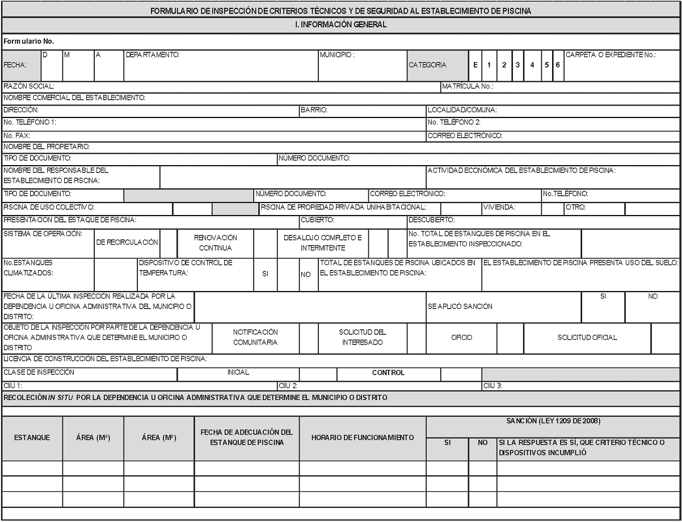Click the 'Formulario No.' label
[28, 42]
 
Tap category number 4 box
[532, 65]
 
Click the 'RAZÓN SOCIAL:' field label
[29, 86]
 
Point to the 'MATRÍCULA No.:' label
[468, 86]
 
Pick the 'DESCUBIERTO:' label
[432, 219]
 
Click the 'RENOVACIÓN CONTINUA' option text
[216, 243]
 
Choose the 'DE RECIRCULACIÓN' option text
[127, 242]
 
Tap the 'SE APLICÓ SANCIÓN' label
[460, 306]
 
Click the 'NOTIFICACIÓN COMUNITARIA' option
[255, 337]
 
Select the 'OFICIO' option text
[461, 338]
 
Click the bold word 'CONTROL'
[388, 373]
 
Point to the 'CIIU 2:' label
[285, 386]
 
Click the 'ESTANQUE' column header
[32, 437]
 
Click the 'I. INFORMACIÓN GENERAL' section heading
[340, 25]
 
